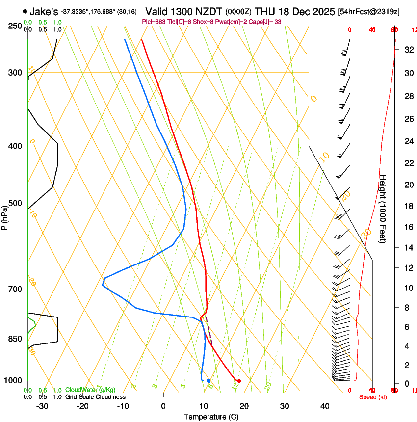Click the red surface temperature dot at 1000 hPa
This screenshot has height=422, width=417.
click(239, 381)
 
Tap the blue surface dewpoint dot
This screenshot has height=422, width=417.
click(208, 381)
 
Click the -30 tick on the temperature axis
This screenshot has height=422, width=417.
click(42, 406)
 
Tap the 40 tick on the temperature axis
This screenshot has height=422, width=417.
click(324, 406)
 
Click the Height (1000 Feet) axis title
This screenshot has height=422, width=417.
click(383, 209)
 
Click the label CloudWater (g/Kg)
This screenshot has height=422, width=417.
click(90, 390)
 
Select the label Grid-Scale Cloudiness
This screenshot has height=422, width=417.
click(95, 397)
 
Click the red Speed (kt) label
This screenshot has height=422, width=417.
click(373, 397)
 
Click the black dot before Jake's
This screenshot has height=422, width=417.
click(25, 11)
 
